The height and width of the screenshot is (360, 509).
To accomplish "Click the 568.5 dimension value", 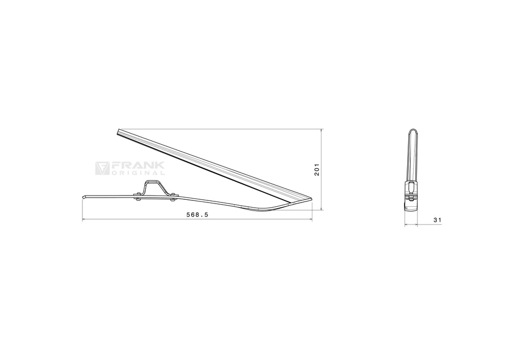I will pyautogui.click(x=197, y=214).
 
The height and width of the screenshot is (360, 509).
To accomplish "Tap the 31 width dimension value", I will pyautogui.click(x=437, y=219).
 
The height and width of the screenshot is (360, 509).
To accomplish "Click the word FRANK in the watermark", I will pyautogui.click(x=138, y=167).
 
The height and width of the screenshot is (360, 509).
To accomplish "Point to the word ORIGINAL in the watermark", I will pyautogui.click(x=138, y=173).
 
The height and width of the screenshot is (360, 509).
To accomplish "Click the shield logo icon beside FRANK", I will pyautogui.click(x=102, y=168).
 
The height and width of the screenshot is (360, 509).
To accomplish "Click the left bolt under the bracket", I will pyautogui.click(x=138, y=199).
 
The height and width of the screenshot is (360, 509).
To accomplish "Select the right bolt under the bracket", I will pyautogui.click(x=172, y=200).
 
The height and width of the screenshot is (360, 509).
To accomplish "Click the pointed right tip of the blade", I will pyautogui.click(x=311, y=199).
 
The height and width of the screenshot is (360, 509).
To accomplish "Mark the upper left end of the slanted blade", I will pyautogui.click(x=118, y=131).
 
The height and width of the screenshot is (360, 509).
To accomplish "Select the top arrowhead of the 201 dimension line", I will pyautogui.click(x=321, y=130).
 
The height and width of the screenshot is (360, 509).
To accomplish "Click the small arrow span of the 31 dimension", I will pyautogui.click(x=411, y=225).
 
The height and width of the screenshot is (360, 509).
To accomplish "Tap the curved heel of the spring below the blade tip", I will pyautogui.click(x=268, y=207).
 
